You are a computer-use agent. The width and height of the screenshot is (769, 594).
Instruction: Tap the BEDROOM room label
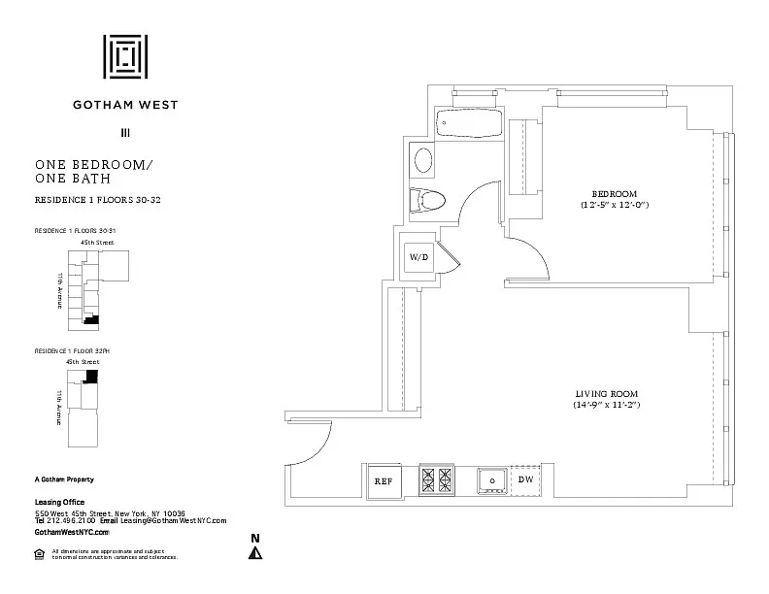coord(615,193)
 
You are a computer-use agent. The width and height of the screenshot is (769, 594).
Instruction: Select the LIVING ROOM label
coord(605,393)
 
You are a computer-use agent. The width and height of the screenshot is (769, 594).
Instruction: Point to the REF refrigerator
coord(383,480)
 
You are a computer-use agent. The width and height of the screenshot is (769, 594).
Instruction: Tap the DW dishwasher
coord(525,479)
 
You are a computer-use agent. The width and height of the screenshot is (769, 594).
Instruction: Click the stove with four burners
coord(436,479)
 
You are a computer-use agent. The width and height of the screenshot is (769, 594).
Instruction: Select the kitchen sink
coord(492,479)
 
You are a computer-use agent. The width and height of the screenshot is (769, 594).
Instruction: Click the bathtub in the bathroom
coord(468,124)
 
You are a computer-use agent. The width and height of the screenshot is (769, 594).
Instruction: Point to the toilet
coord(426,200)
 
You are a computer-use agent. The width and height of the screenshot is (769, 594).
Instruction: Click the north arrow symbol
coord(255,553)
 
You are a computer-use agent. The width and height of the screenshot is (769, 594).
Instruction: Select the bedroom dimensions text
coord(615,205)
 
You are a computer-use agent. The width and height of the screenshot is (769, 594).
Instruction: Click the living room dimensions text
coord(605,405)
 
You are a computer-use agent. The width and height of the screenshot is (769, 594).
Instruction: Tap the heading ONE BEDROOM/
coord(93,164)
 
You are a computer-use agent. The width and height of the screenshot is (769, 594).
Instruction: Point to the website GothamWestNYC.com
coord(72,533)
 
